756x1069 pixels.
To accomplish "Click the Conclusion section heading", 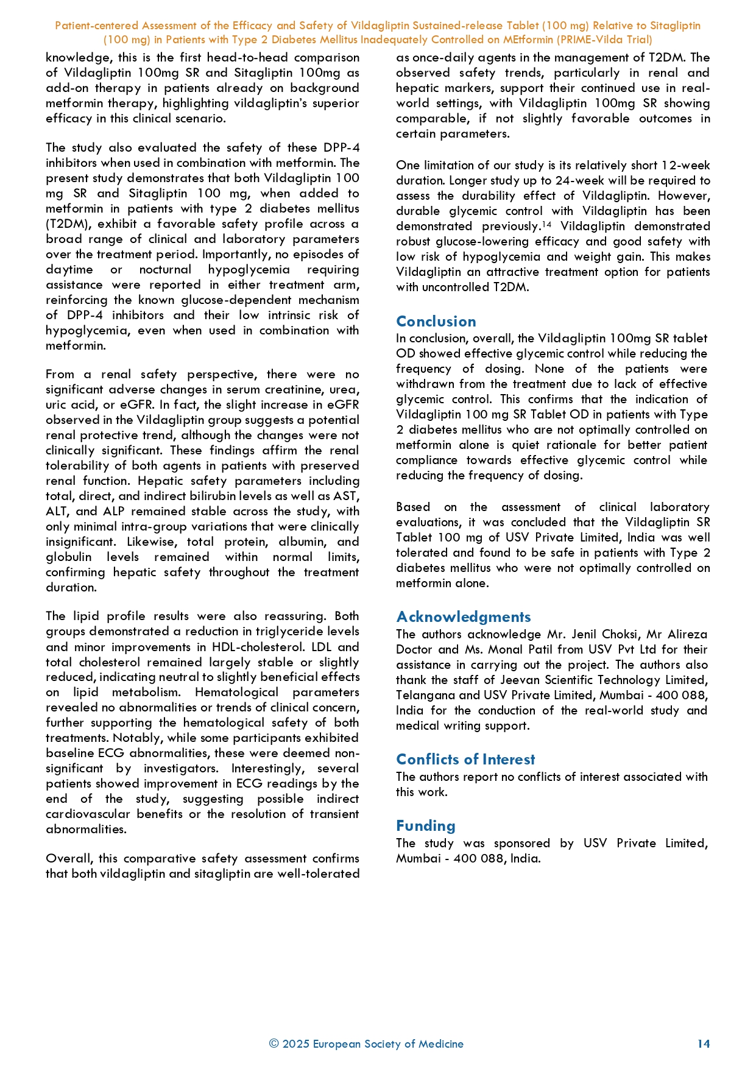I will pyautogui.click(x=436, y=321).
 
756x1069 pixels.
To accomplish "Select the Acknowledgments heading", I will pyautogui.click(x=464, y=616).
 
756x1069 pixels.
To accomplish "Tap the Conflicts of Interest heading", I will pyautogui.click(x=465, y=759).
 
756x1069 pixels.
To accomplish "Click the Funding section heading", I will pyautogui.click(x=426, y=825).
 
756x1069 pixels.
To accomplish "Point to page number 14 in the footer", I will pyautogui.click(x=704, y=1043).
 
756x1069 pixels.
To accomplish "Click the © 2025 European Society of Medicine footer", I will pyautogui.click(x=366, y=1043).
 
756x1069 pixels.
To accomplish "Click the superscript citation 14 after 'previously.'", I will pyautogui.click(x=546, y=225).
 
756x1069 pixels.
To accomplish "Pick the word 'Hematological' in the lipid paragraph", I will pyautogui.click(x=236, y=692).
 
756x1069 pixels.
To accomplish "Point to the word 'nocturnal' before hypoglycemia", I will pyautogui.click(x=165, y=269).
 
